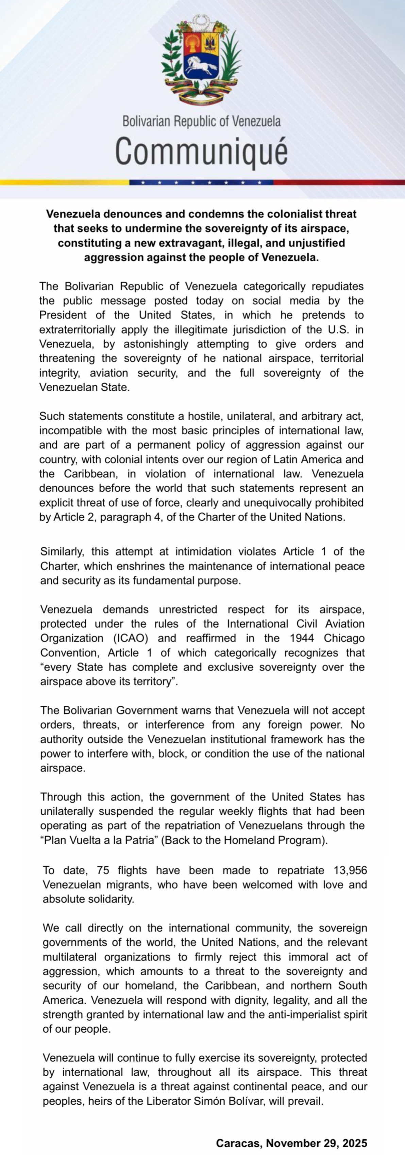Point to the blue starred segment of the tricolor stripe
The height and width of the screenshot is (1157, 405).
201,182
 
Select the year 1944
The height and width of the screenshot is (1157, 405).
302,638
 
